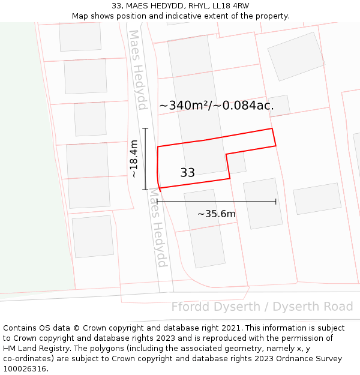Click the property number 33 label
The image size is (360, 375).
pos(187,173)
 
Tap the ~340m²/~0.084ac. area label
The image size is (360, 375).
pos(217,106)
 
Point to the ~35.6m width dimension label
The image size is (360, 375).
pos(217,214)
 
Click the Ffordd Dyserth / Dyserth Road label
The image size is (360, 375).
pos(262,307)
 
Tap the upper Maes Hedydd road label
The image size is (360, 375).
pos(138,70)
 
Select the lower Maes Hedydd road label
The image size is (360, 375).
pos(157,228)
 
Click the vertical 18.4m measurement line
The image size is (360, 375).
pos(145,159)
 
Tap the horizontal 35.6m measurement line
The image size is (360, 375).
pos(217,202)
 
